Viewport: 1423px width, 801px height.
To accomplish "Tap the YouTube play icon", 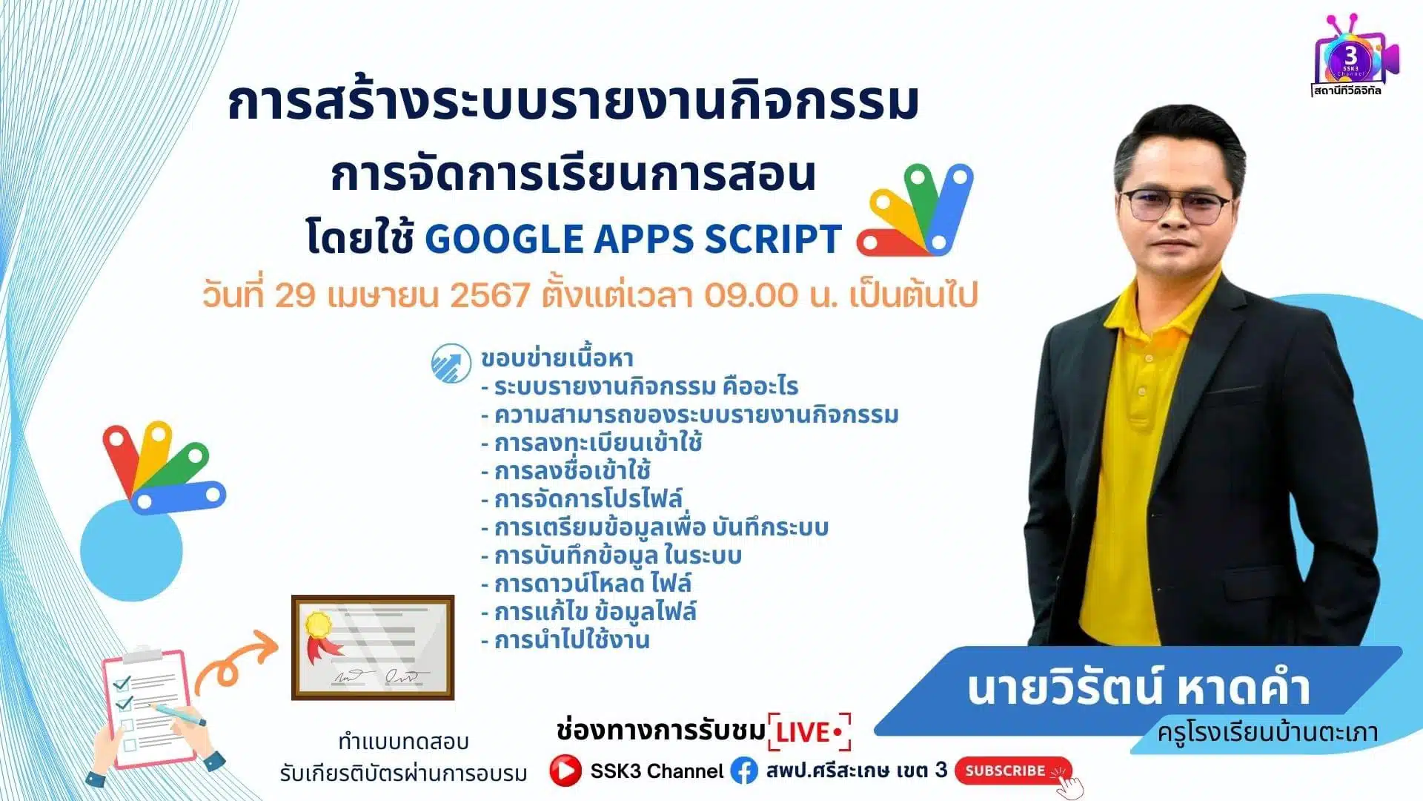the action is (565, 771).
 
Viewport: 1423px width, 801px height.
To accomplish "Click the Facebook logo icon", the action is (744, 771).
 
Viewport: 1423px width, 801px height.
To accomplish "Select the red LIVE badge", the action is (810, 733).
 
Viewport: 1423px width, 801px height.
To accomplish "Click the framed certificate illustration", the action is (373, 647).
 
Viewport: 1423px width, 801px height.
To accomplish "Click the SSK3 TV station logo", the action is (1351, 56).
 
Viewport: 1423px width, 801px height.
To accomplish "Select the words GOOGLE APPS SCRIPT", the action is (634, 239).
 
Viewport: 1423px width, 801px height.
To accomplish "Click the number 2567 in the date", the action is (490, 295).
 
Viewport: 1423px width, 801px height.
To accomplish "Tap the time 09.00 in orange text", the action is (751, 295).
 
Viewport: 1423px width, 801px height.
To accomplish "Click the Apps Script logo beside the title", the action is (915, 209).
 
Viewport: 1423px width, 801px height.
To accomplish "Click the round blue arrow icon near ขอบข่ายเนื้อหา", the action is (451, 363).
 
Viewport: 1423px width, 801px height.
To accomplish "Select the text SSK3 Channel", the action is (657, 771).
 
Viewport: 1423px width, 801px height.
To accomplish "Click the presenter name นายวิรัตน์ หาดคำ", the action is (1138, 688).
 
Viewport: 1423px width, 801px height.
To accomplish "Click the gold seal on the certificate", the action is (319, 624).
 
